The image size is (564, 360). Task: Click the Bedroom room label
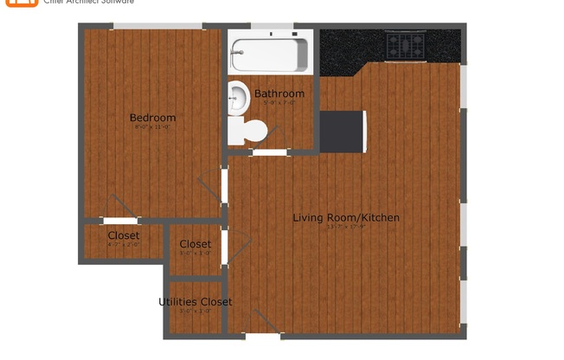click(152, 118)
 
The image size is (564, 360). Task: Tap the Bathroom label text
click(279, 93)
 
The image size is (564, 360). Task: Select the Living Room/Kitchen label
click(346, 217)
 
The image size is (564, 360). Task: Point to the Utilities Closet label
click(195, 302)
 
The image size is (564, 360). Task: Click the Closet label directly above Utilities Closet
click(195, 244)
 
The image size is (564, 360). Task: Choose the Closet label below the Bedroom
click(123, 235)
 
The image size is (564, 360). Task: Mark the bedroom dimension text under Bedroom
click(152, 127)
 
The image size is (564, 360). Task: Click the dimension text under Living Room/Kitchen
click(346, 228)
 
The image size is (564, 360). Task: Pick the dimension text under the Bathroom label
click(279, 103)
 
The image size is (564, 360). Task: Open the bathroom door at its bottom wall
click(270, 152)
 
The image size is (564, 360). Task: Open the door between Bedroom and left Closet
click(119, 220)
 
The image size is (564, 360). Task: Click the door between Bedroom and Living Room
click(224, 186)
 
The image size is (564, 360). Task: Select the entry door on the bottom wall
click(261, 334)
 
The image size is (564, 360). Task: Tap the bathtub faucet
click(234, 53)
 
